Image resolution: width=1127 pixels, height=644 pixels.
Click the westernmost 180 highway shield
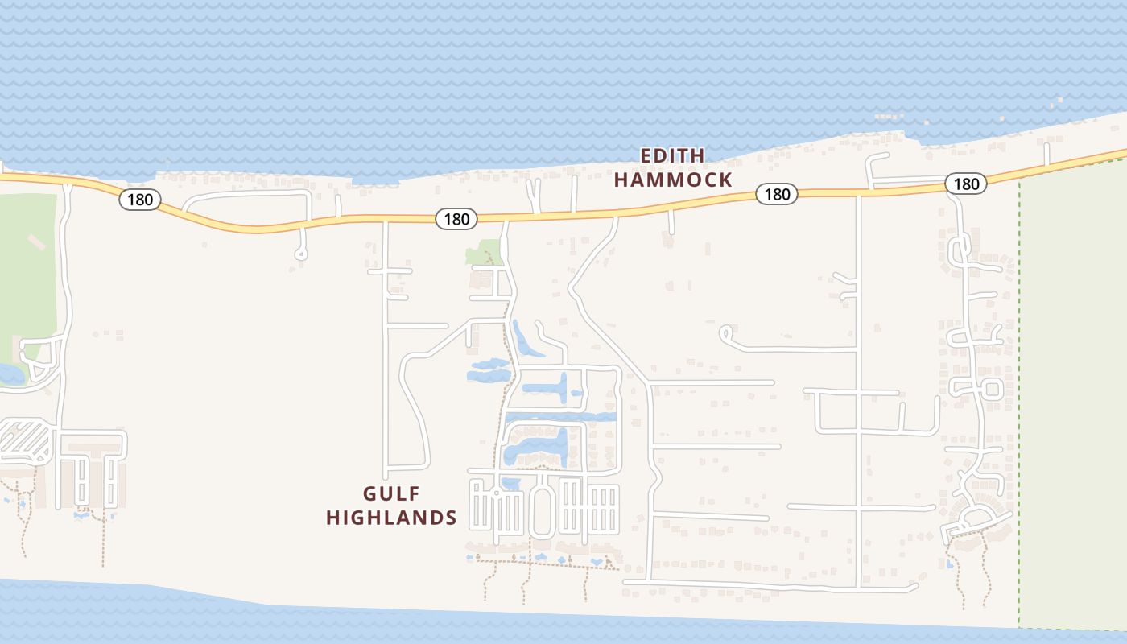(x=140, y=199)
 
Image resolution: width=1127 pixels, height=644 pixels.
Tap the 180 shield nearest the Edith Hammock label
(x=777, y=193)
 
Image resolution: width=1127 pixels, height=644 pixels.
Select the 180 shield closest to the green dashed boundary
(x=965, y=184)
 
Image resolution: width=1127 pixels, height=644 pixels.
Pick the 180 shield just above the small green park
(x=456, y=218)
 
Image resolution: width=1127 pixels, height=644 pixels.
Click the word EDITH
(x=672, y=155)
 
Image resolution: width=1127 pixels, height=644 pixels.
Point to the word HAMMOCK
(x=673, y=180)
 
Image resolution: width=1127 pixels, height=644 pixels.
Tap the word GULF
(x=391, y=493)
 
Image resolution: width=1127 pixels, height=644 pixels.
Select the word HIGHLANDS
(x=391, y=518)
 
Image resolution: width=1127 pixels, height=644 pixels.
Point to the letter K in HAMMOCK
(x=724, y=180)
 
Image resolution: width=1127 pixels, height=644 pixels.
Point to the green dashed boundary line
(x=1019, y=402)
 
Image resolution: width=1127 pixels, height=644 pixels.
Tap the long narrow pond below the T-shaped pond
(x=560, y=417)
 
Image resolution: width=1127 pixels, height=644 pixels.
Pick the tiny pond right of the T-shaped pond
(x=576, y=394)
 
